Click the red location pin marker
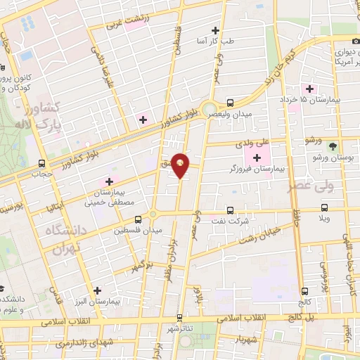tap(181, 164)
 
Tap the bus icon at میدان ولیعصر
tap(231, 101)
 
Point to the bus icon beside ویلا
tap(324, 207)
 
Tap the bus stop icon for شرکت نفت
tap(230, 210)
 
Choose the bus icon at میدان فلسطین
tap(138, 218)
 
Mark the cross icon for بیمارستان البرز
tap(97, 290)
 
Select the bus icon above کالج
tap(304, 291)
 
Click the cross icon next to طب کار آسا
tap(216, 30)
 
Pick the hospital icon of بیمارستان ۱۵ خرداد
tap(308, 88)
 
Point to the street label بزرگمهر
tap(141, 265)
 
